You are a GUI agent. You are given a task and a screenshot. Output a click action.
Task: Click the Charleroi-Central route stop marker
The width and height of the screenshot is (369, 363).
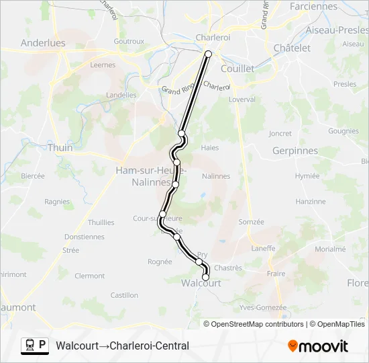pos(208,54)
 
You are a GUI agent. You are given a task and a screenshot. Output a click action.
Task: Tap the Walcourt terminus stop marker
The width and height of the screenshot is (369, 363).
pos(206,277)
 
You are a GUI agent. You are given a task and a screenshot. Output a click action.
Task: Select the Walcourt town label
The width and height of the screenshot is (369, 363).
pos(201,284)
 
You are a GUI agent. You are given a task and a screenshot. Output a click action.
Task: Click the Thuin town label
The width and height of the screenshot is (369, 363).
pos(60,147)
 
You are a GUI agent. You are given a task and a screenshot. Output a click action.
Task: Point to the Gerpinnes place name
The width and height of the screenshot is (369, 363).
pos(295,151)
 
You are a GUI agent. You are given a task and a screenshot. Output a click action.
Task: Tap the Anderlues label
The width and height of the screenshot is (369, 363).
pos(43,42)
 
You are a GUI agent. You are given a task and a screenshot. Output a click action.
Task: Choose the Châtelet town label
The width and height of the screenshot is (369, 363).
pos(292,48)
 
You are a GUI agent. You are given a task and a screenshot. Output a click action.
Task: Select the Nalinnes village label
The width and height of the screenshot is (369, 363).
pos(215,176)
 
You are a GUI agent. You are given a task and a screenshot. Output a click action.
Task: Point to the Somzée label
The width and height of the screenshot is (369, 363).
pos(252,222)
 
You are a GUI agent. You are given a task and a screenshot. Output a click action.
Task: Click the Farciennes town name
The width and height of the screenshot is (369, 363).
pos(314,6)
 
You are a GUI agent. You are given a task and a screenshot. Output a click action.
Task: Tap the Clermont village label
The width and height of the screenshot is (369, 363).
pos(90,276)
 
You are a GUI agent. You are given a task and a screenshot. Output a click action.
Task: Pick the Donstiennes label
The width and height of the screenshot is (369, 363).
pos(85,237)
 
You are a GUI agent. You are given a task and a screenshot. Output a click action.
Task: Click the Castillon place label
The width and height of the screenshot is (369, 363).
pos(124,294)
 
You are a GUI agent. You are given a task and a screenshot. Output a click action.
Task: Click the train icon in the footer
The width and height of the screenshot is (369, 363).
pos(30,346)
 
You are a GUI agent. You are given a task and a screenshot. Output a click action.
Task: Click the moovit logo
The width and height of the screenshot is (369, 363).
pos(318,346)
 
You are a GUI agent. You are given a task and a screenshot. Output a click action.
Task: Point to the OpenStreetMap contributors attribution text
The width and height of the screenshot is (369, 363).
pos(257,324)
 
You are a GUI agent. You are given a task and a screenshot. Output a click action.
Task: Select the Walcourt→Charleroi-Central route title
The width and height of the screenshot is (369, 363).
pos(123,346)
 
